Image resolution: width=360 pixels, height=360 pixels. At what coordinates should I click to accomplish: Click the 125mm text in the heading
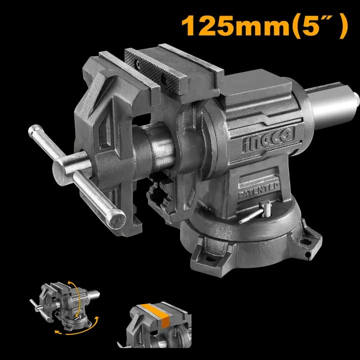tap(235, 25)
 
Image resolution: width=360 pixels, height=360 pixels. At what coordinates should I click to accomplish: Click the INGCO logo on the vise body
tap(268, 139)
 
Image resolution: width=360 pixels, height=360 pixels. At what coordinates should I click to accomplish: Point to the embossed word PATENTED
tap(259, 190)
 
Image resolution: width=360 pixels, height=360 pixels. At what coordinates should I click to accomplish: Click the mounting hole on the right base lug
tap(305, 241)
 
